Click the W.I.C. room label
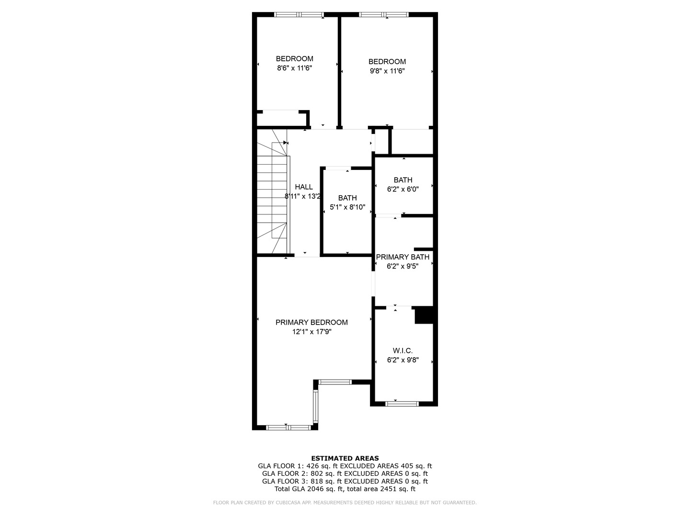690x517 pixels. (402, 351)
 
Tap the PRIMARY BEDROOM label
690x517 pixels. (311, 322)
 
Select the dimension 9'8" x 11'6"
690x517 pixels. (387, 71)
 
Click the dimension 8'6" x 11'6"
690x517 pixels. (294, 68)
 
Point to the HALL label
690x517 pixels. (304, 187)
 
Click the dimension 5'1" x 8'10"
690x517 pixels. (347, 207)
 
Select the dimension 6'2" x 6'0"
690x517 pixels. (402, 189)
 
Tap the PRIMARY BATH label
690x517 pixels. (402, 257)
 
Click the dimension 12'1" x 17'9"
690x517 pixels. (311, 331)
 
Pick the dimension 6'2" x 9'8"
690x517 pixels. (402, 360)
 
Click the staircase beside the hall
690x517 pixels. (273, 191)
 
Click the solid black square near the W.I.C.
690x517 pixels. (424, 315)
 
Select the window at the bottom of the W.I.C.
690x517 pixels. (402, 404)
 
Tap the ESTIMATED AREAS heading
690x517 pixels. (345, 458)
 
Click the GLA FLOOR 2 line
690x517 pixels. (345, 473)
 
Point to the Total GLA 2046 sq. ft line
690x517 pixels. (345, 489)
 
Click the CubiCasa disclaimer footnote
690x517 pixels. (345, 503)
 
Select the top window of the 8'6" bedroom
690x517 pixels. (299, 15)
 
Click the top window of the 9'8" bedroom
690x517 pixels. (384, 15)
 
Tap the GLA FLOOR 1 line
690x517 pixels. (345, 466)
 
